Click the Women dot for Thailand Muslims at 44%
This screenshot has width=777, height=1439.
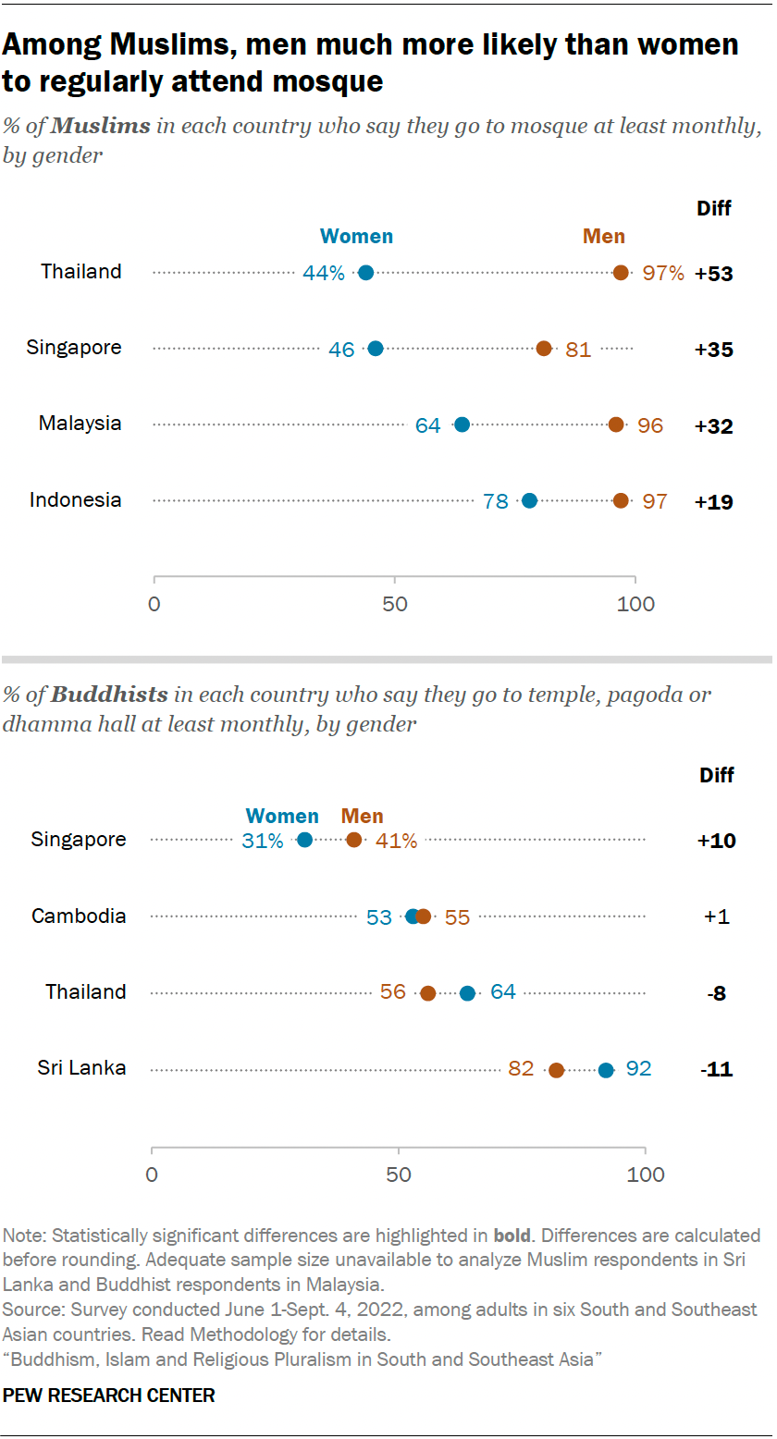[x=365, y=273]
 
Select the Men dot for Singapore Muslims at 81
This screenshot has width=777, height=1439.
[x=544, y=349]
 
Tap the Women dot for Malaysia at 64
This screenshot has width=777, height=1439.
[x=462, y=424]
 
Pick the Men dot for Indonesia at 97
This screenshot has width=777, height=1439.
[x=621, y=500]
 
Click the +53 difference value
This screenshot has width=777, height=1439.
[x=714, y=274]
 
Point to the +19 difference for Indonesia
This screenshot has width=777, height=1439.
[x=714, y=501]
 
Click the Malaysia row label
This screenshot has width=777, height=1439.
[x=80, y=424]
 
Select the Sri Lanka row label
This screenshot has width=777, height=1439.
[x=81, y=1068]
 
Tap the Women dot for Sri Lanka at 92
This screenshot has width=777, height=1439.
[x=606, y=1070]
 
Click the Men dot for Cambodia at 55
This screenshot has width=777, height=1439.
[x=423, y=916]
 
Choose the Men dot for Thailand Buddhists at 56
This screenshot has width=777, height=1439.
[x=428, y=993]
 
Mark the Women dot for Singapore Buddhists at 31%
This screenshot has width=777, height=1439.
[x=304, y=840]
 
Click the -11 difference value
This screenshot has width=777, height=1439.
[x=716, y=1070]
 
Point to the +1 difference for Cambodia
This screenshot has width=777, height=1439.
[x=717, y=917]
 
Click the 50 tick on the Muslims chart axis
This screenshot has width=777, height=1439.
[x=395, y=605]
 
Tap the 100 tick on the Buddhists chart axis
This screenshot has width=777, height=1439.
[x=646, y=1175]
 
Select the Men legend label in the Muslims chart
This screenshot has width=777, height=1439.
[x=603, y=237]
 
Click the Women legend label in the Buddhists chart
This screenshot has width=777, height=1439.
[x=282, y=817]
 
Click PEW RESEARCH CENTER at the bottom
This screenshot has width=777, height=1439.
[x=109, y=1396]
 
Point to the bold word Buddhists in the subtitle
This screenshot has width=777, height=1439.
[x=109, y=694]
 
